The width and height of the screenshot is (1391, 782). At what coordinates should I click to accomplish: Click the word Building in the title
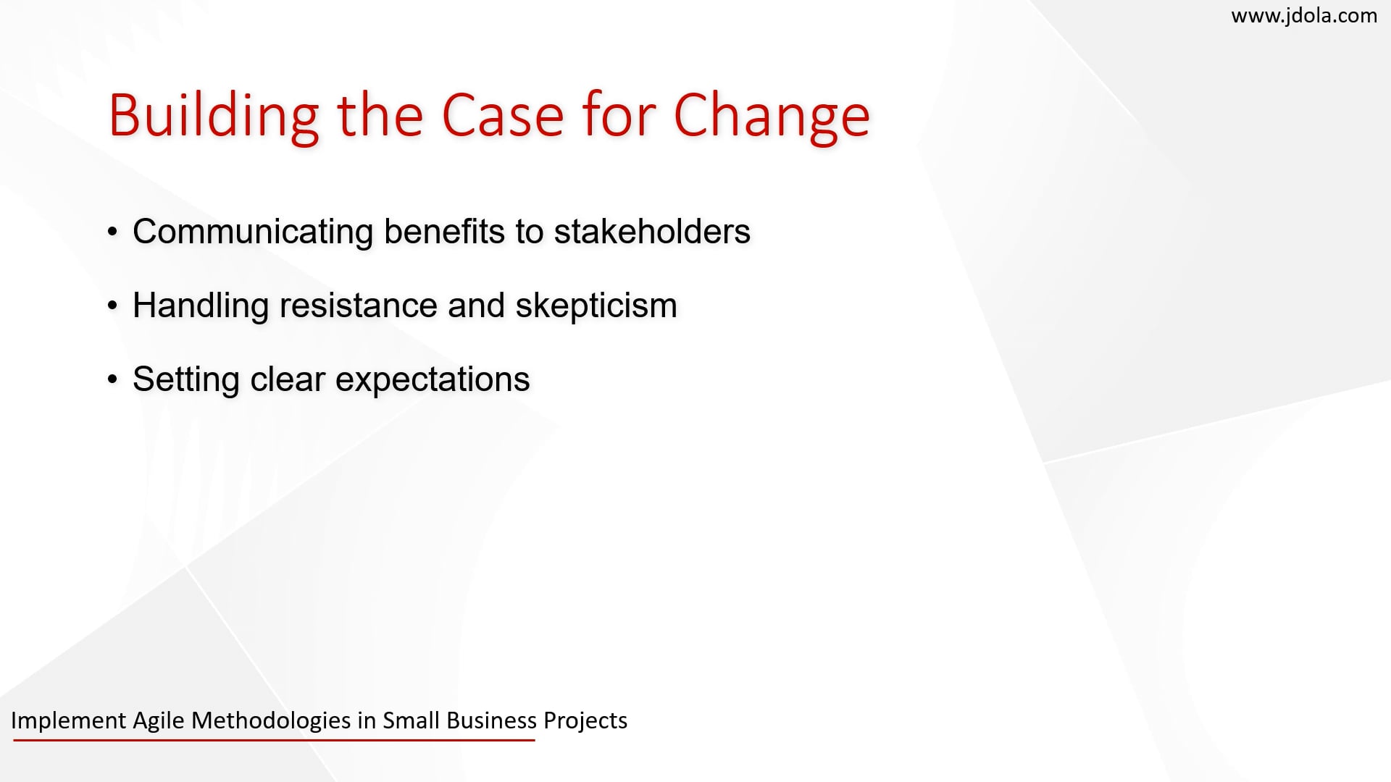coord(214,117)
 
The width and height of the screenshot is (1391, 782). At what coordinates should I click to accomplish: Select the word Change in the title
coord(772,117)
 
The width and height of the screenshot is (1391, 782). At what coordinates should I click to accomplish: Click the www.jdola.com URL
coord(1304,16)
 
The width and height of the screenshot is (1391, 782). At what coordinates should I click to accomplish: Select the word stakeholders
coord(652,231)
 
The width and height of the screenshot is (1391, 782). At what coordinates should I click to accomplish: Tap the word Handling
coord(201,306)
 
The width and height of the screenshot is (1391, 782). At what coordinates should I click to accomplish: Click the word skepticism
coord(596,306)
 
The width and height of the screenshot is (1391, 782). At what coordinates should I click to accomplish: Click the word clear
coord(287,379)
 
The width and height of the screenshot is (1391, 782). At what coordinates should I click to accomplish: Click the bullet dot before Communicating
coord(112,232)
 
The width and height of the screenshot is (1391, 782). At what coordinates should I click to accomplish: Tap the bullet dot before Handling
coord(112,306)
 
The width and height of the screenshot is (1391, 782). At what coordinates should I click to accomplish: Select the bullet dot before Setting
coord(112,380)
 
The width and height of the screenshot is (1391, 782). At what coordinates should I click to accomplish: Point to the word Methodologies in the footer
coord(271,720)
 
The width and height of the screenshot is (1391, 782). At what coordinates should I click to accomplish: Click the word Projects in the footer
coord(585,721)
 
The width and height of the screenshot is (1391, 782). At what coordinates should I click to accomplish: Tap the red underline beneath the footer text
coord(274,740)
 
